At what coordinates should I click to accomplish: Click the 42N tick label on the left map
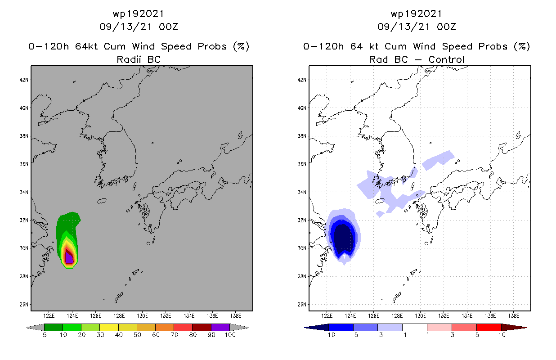point(23,80)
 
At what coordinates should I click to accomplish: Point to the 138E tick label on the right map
point(513,315)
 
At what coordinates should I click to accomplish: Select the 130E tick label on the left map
point(142,315)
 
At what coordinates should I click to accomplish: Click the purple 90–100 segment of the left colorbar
point(220,327)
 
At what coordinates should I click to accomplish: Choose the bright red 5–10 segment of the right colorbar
point(489,327)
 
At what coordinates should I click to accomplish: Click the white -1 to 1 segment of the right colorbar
point(414,327)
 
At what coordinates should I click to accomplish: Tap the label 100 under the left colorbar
point(230,335)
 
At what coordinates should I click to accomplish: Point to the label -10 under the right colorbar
point(328,335)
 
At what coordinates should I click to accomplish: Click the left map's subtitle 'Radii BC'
point(139,59)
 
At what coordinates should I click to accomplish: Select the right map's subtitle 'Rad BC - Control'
point(417,59)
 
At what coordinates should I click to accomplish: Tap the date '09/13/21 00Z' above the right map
point(417,27)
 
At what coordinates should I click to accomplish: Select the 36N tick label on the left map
point(23,164)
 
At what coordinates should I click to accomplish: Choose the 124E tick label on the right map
point(350,315)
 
